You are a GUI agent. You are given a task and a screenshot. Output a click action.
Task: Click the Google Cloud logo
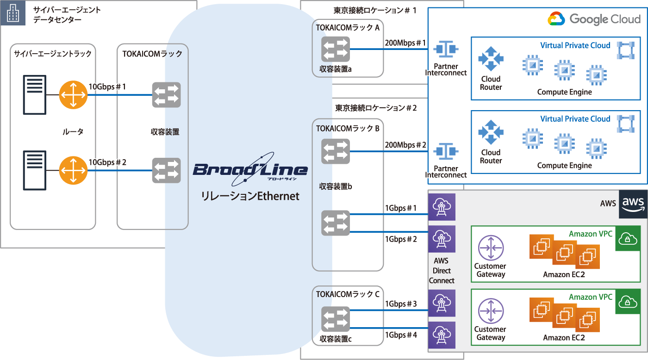594,19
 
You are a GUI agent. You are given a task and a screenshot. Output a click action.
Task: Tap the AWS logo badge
633,204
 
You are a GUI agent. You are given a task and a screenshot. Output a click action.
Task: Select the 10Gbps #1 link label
107,87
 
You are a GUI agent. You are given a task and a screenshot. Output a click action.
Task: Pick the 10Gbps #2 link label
107,162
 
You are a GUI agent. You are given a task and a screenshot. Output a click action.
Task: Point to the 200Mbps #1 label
405,43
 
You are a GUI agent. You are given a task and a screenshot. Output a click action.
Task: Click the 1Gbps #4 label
401,335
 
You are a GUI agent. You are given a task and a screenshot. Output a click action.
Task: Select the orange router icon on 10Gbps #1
73,95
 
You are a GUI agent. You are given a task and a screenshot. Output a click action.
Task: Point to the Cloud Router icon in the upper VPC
491,59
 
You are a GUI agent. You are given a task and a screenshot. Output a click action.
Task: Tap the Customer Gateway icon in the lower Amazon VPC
490,311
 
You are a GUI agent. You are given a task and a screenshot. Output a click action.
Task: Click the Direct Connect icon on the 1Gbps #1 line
442,207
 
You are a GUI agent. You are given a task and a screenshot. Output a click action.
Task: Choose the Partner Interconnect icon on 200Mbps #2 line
446,151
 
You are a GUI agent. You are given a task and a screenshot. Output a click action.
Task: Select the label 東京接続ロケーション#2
376,108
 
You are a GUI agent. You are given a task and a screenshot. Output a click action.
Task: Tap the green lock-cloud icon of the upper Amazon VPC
627,238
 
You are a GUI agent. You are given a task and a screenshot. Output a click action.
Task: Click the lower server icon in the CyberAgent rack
35,170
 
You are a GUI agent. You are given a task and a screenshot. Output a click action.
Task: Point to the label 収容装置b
336,186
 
